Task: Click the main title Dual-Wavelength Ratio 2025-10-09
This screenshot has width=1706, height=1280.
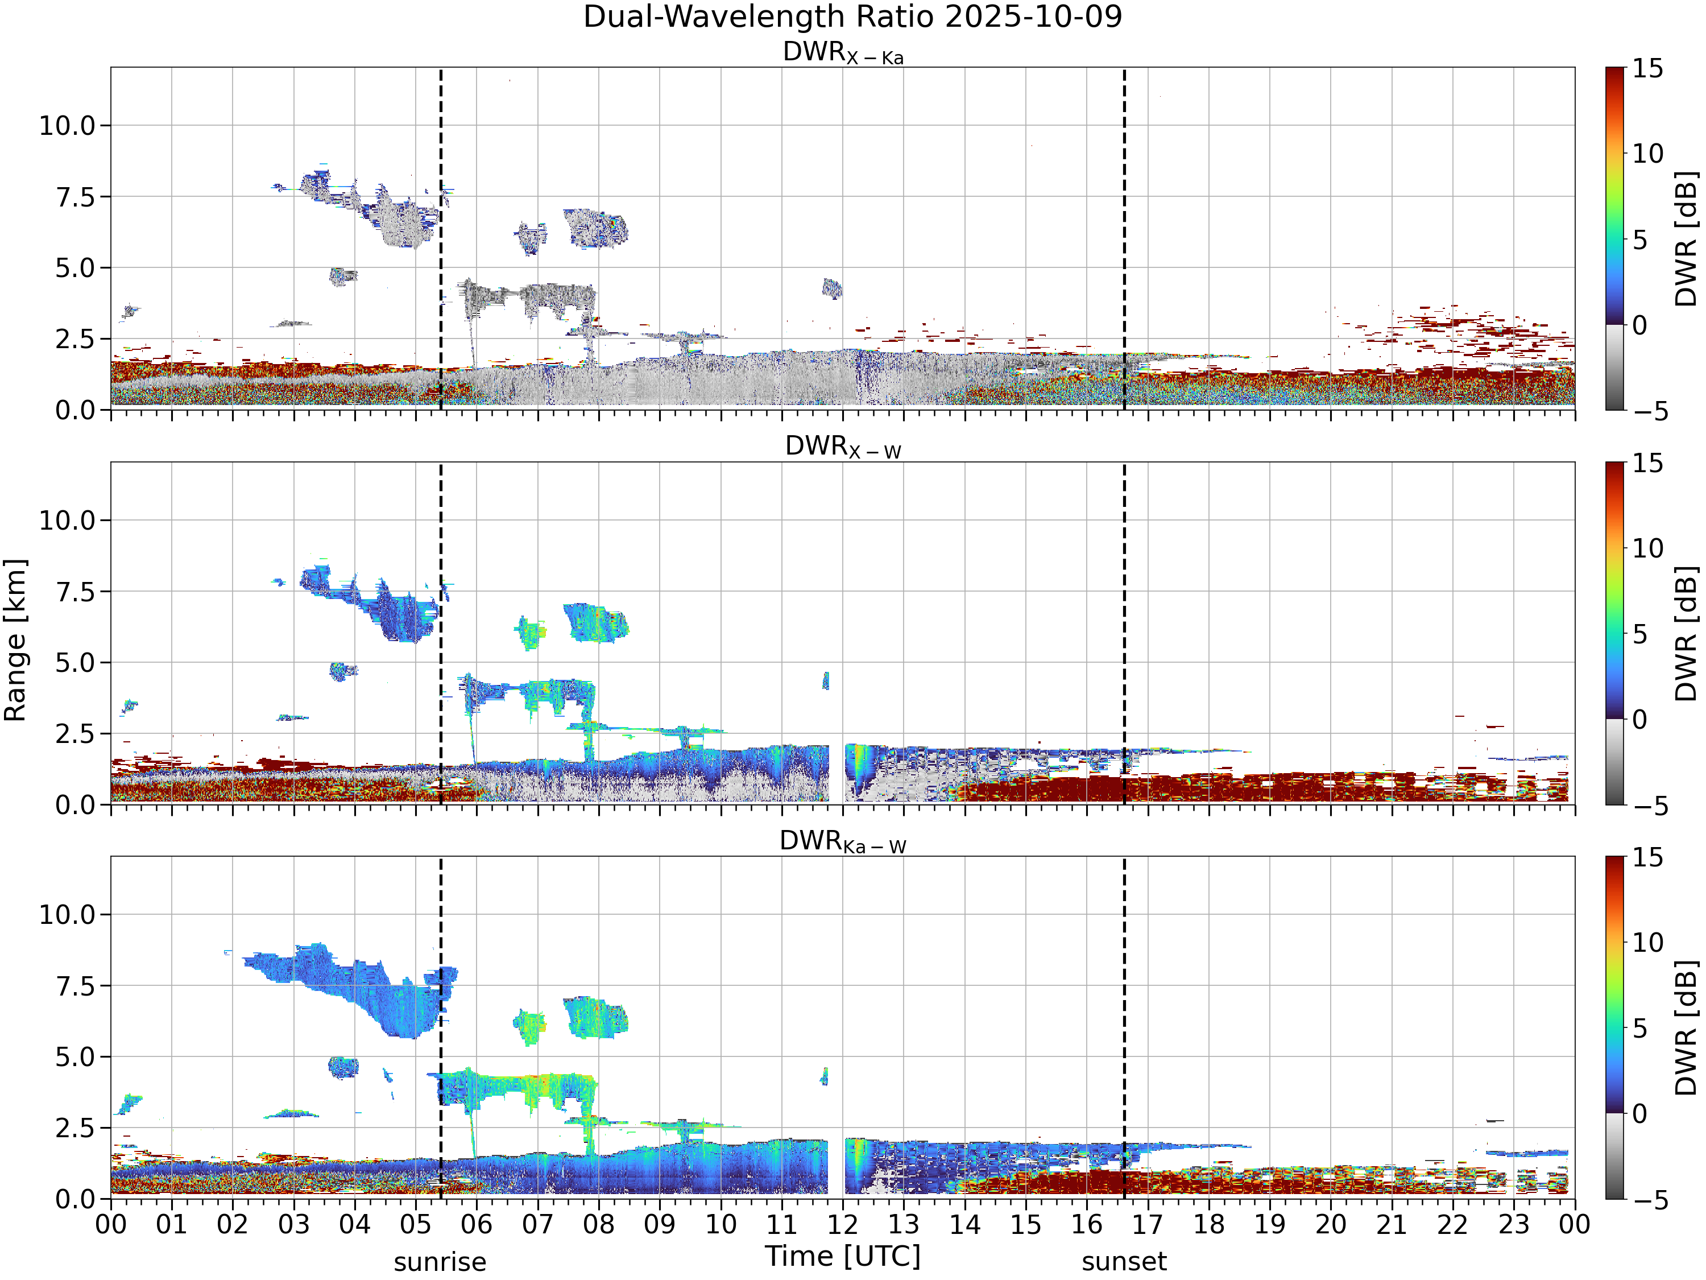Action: tap(852, 17)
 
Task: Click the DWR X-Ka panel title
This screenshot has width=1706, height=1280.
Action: tap(843, 52)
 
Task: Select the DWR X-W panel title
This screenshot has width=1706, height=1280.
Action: tap(843, 447)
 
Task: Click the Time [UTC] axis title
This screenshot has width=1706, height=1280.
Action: tap(843, 1257)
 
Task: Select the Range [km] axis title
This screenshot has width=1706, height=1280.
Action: tap(15, 641)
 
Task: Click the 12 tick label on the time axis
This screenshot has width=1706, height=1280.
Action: tap(842, 1224)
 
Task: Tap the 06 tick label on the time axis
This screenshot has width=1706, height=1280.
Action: tap(477, 1224)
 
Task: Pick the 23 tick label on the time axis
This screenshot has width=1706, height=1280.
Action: tap(1513, 1224)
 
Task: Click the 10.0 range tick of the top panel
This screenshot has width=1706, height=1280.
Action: tap(67, 126)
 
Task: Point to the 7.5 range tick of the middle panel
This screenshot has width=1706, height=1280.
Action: tap(76, 592)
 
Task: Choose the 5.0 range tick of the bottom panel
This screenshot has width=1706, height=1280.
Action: tap(76, 1057)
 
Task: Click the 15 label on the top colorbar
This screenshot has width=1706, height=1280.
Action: tap(1647, 69)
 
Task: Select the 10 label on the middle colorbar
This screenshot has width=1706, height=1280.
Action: tap(1647, 548)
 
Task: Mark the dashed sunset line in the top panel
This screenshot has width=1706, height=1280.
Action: tap(1124, 239)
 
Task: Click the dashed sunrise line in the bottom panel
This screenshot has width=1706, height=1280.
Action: tap(440, 1028)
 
